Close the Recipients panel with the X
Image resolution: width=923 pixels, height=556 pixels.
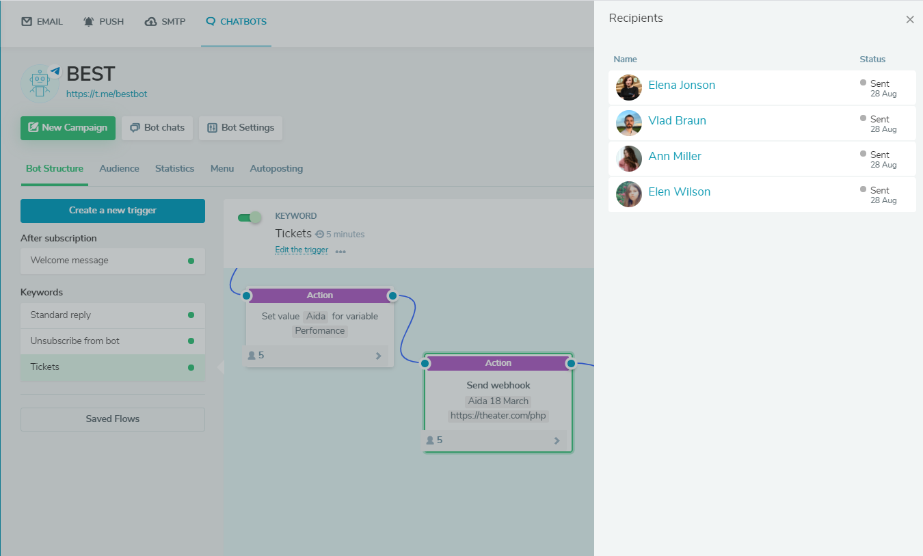[x=910, y=19]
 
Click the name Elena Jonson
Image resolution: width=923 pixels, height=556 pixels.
[x=682, y=85]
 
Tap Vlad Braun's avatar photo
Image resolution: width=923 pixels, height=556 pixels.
[x=629, y=123]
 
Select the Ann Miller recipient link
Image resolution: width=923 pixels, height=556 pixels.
[x=675, y=156]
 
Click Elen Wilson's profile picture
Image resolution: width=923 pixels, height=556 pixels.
[x=629, y=194]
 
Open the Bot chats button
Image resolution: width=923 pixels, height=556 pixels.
[x=157, y=128]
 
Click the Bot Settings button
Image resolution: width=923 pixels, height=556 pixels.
[x=241, y=128]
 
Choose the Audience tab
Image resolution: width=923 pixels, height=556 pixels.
[x=119, y=168]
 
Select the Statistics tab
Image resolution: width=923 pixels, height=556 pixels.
[x=174, y=168]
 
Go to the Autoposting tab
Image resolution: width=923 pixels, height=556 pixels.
[x=276, y=168]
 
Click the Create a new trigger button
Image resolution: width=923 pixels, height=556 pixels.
[x=113, y=211]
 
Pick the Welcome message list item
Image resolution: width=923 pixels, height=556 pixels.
[x=113, y=261]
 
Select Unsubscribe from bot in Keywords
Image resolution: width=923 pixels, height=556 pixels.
[x=113, y=341]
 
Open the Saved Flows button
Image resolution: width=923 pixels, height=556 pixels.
[x=113, y=419]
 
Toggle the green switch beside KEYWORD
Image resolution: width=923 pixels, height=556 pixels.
[x=250, y=217]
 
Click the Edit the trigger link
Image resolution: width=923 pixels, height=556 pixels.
[x=302, y=250]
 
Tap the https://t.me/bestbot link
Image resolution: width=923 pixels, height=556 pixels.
[x=106, y=94]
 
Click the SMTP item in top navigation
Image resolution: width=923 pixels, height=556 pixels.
[x=165, y=21]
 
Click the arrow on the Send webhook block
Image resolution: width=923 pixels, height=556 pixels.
[x=557, y=440]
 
